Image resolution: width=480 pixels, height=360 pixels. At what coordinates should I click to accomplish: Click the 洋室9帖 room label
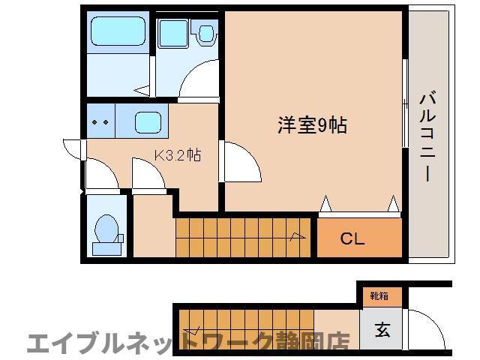point(312,125)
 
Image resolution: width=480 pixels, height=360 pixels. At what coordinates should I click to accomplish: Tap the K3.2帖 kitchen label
point(177,156)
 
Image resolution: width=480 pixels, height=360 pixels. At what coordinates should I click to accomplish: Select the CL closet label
point(352,239)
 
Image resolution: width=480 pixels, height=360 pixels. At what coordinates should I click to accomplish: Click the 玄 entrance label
point(382,328)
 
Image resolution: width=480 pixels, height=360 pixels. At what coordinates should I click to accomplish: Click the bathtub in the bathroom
point(117,33)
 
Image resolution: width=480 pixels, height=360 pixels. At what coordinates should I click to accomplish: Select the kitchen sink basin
point(148,121)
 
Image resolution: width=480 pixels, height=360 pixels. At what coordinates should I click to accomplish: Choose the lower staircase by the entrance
point(255,322)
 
